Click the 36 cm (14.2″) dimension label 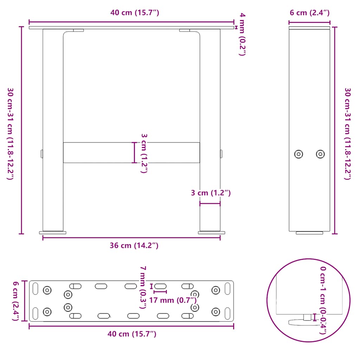(134, 246)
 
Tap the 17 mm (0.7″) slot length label (172, 300)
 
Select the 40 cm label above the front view (135, 13)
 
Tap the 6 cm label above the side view (309, 13)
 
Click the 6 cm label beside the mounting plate (15, 301)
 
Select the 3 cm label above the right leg (211, 193)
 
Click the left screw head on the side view (298, 154)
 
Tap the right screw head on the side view (320, 154)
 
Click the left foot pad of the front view (53, 232)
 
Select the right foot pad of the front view (212, 232)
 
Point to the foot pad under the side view (309, 233)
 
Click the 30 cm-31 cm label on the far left (11, 134)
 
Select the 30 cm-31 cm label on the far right (347, 134)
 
